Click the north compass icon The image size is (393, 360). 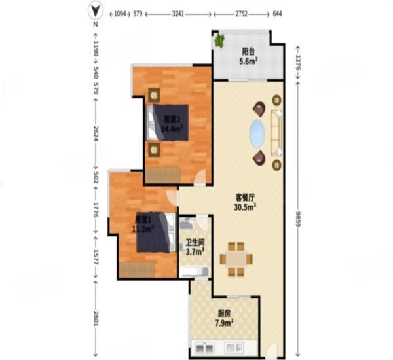point(96,11)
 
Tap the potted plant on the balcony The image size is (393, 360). point(219,41)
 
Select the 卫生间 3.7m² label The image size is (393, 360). point(193,245)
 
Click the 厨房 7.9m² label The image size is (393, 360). point(224,317)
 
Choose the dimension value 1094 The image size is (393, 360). point(119,12)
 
